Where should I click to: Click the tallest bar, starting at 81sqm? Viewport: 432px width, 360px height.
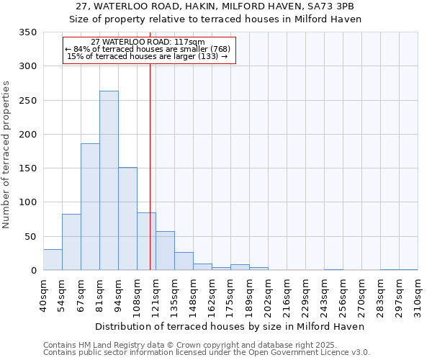[x=109, y=181]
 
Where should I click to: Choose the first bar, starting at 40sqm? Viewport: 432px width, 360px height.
[x=53, y=260]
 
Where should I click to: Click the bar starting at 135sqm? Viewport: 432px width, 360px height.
[x=184, y=261]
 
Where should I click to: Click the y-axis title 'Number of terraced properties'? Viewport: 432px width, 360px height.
[x=6, y=154]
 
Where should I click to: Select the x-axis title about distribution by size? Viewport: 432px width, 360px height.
[x=230, y=326]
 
